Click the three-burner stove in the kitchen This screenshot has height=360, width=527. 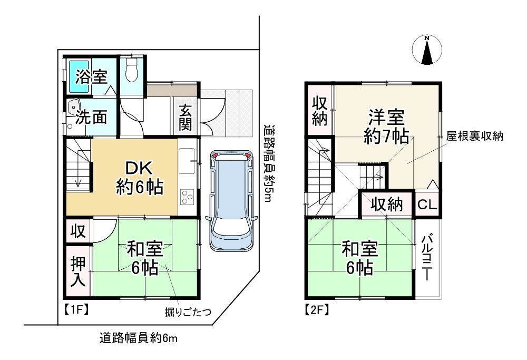[x=187, y=197]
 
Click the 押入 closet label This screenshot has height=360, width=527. [x=77, y=273]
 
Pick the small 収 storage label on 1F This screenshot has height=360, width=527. [x=77, y=232]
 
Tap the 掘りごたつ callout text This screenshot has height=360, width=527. [x=188, y=313]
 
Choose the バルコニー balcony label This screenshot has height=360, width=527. [x=427, y=258]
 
